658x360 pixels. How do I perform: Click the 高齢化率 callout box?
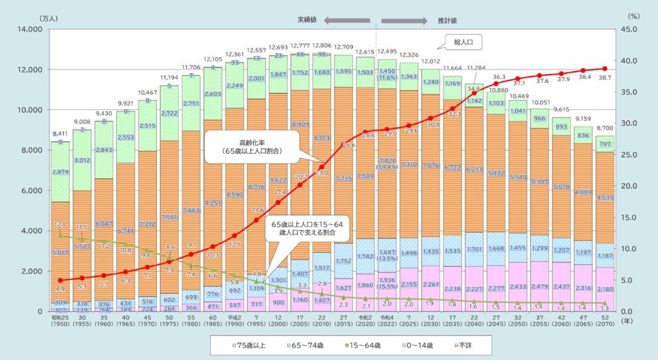245,145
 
